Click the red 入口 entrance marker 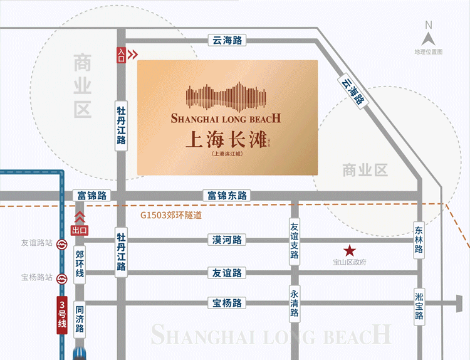coord(121,55)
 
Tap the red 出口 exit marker coord(80,230)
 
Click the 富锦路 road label coord(91,196)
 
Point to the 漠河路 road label coord(227,240)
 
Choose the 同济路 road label coord(80,320)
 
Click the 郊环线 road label coord(80,263)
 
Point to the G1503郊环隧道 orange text coord(172,215)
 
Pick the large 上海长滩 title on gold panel coord(227,139)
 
